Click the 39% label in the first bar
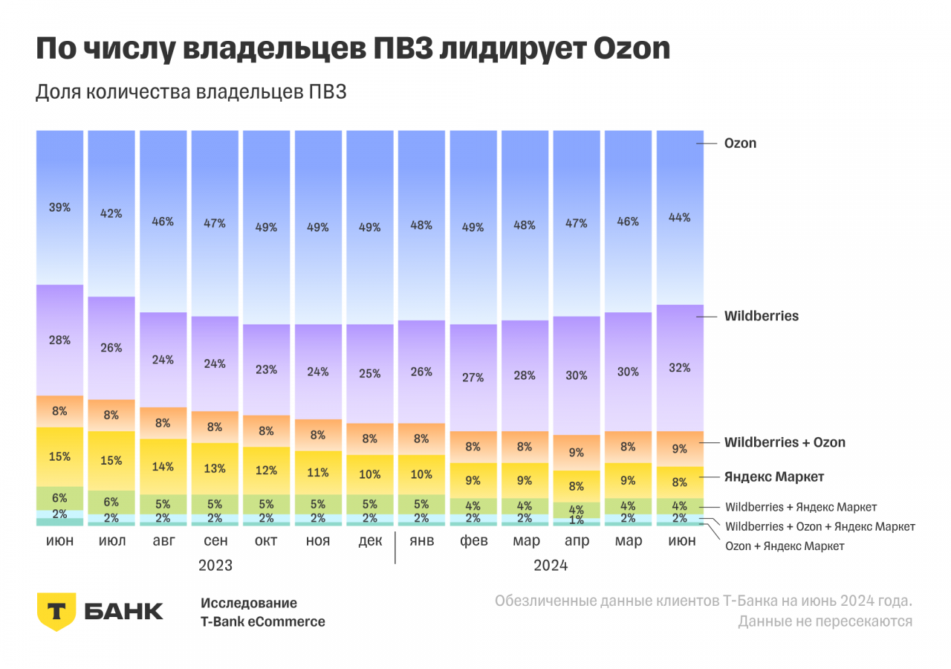tap(60, 208)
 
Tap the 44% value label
tap(680, 218)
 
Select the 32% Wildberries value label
tap(680, 368)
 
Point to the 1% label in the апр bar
tap(577, 520)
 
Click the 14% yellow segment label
tap(163, 467)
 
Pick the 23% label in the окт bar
tap(266, 369)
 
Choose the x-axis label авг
tap(163, 540)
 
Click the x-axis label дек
tap(369, 540)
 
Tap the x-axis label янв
tap(421, 540)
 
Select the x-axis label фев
tap(473, 540)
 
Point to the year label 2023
tap(215, 566)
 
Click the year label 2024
tap(551, 566)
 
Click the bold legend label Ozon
tap(740, 143)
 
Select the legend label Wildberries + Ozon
tap(785, 442)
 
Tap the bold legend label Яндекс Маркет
tap(774, 476)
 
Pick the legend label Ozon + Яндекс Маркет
tap(785, 546)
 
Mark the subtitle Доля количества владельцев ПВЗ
tap(192, 93)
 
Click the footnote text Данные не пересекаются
tap(825, 621)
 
